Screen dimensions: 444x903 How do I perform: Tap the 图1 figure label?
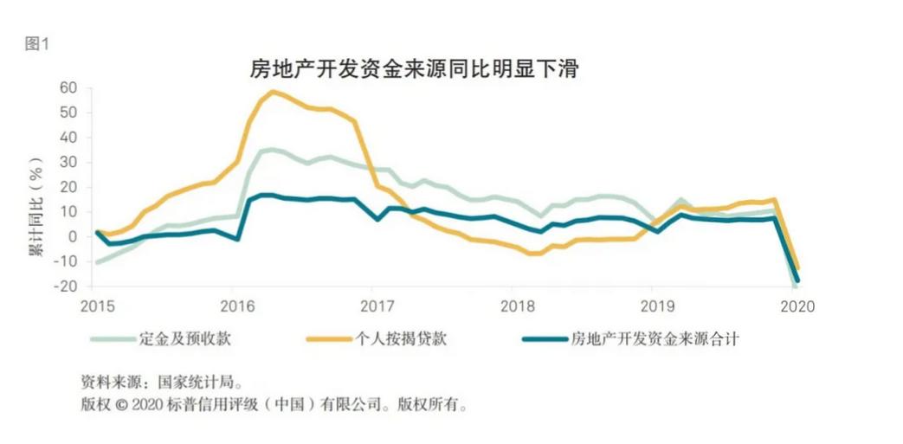pyautogui.click(x=37, y=45)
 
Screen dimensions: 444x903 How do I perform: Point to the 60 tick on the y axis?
pyautogui.click(x=68, y=87)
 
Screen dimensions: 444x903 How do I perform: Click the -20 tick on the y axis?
pyautogui.click(x=66, y=286)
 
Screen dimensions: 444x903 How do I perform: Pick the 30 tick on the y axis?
pyautogui.click(x=68, y=162)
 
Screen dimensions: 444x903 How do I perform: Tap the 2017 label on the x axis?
pyautogui.click(x=372, y=306)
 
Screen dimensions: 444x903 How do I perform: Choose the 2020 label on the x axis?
pyautogui.click(x=797, y=306)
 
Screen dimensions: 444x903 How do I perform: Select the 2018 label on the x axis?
pyautogui.click(x=513, y=306)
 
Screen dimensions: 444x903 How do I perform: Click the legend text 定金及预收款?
pyautogui.click(x=184, y=339)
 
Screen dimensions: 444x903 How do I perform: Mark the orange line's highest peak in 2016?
pyautogui.click(x=273, y=91)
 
